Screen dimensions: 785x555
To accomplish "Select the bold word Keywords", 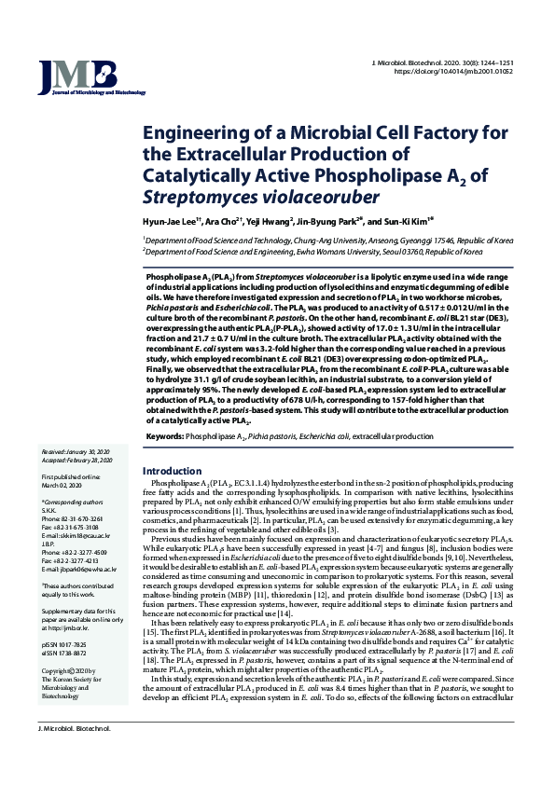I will (x=165, y=435).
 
